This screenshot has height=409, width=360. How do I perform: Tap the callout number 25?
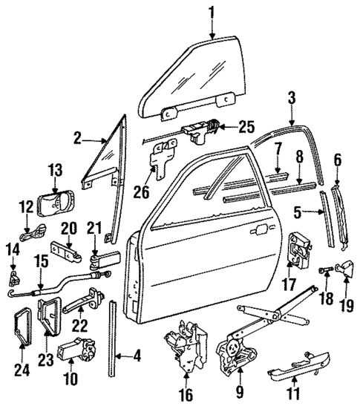246,127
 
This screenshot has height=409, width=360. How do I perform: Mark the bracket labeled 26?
161,158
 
